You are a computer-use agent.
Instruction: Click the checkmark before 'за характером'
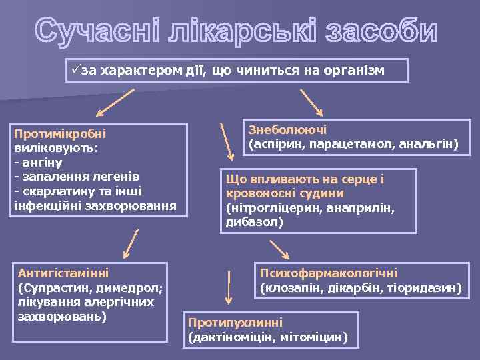tap(75, 70)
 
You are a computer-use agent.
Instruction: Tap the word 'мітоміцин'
tap(317, 337)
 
